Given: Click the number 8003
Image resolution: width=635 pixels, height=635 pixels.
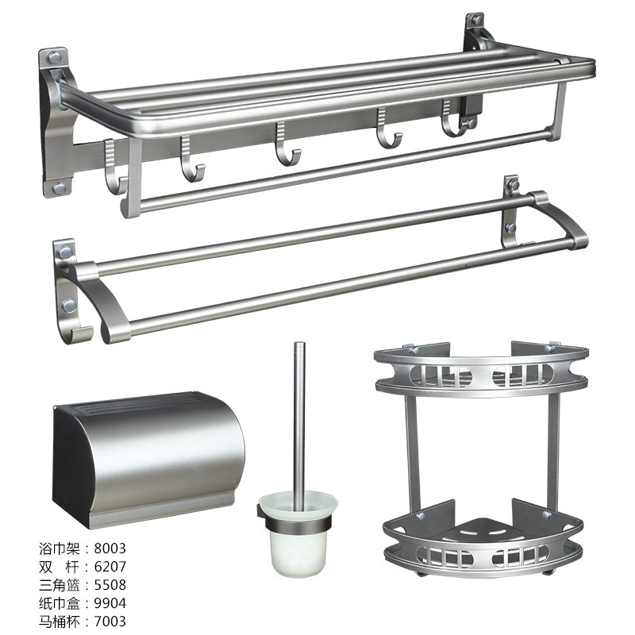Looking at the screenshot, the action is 110,548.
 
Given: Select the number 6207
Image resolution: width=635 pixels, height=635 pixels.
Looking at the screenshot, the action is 110,567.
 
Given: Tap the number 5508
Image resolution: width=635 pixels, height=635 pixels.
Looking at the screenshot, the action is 110,585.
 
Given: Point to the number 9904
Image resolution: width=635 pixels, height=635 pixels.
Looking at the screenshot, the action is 110,603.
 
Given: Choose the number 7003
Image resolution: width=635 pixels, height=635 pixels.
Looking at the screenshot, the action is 110,622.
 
